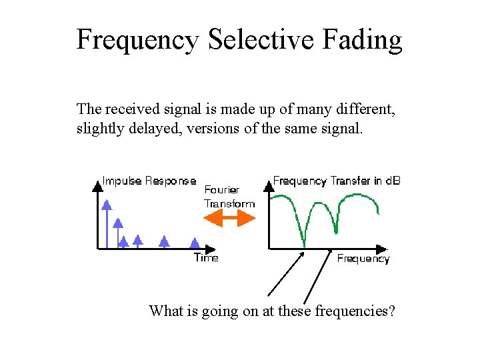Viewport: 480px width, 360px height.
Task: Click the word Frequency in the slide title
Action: (x=137, y=39)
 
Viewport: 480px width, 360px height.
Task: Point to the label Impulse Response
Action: (x=149, y=181)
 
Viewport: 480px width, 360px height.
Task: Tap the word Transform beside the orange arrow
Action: (x=229, y=203)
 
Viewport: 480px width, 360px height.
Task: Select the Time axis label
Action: (x=206, y=257)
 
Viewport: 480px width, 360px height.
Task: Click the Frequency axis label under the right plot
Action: (x=363, y=259)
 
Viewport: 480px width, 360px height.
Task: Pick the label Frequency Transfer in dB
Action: (x=337, y=181)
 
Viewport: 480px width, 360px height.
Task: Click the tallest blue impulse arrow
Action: (x=105, y=220)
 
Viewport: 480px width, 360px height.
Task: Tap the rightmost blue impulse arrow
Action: (x=194, y=243)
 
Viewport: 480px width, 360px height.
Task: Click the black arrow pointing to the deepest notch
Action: (x=285, y=273)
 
